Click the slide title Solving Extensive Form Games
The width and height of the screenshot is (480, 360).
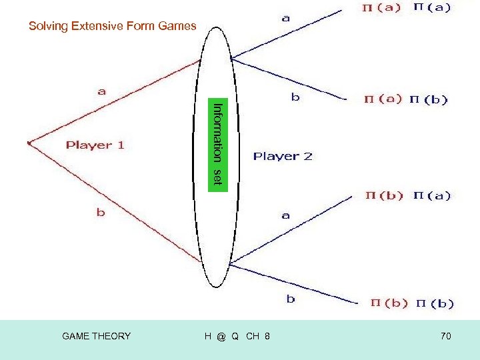tap(112, 27)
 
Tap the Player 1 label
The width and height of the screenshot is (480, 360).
tap(95, 145)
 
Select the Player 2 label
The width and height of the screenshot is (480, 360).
tap(283, 157)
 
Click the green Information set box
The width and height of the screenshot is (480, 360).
tap(217, 143)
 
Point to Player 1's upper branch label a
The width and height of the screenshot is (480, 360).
tap(102, 92)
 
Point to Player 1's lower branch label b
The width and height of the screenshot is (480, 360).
tap(101, 213)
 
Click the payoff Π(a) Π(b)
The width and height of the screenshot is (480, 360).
tap(405, 100)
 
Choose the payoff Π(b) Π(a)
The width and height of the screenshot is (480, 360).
tap(407, 196)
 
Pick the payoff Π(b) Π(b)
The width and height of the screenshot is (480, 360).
tap(412, 303)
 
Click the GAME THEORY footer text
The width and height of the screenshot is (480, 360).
tap(96, 336)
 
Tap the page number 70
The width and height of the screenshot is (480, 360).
tap(445, 336)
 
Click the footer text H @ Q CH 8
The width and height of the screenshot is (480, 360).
tap(237, 336)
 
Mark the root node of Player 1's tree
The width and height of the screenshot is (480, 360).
tap(29, 141)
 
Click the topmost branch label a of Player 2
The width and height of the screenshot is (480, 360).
tap(286, 19)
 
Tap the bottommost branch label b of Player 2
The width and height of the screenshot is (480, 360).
tap(291, 299)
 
